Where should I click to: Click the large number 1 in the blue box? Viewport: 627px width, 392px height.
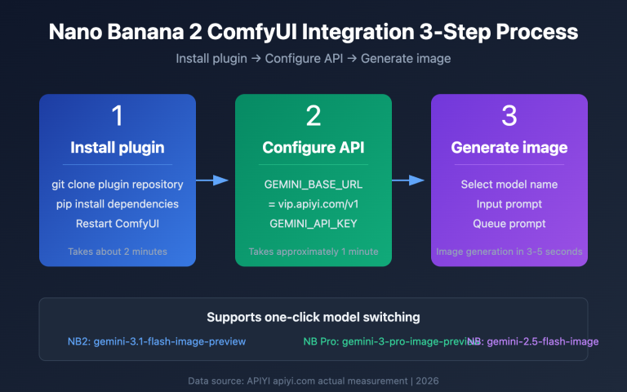click(117, 116)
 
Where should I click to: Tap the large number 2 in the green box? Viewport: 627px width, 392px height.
click(313, 116)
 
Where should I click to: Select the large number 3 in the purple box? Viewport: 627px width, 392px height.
click(509, 116)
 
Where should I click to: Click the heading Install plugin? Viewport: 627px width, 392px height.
click(117, 148)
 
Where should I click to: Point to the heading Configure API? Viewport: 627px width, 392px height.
click(313, 148)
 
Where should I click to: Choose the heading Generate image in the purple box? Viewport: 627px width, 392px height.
click(509, 148)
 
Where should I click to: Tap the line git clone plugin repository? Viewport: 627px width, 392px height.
click(117, 185)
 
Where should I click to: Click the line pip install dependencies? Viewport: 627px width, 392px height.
click(117, 204)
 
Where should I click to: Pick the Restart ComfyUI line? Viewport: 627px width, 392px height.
click(117, 224)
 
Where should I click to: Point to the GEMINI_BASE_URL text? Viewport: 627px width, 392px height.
click(313, 185)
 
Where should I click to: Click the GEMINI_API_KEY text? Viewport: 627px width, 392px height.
click(313, 224)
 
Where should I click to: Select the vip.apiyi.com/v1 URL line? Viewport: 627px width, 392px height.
click(313, 204)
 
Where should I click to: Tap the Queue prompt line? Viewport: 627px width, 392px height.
click(509, 224)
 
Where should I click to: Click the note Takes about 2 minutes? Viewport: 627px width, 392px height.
click(117, 252)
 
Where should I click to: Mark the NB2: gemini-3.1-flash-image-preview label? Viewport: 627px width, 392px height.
click(157, 341)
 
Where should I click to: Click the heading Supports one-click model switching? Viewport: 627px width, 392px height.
click(313, 317)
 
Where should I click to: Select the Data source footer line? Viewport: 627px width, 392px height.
click(313, 379)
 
